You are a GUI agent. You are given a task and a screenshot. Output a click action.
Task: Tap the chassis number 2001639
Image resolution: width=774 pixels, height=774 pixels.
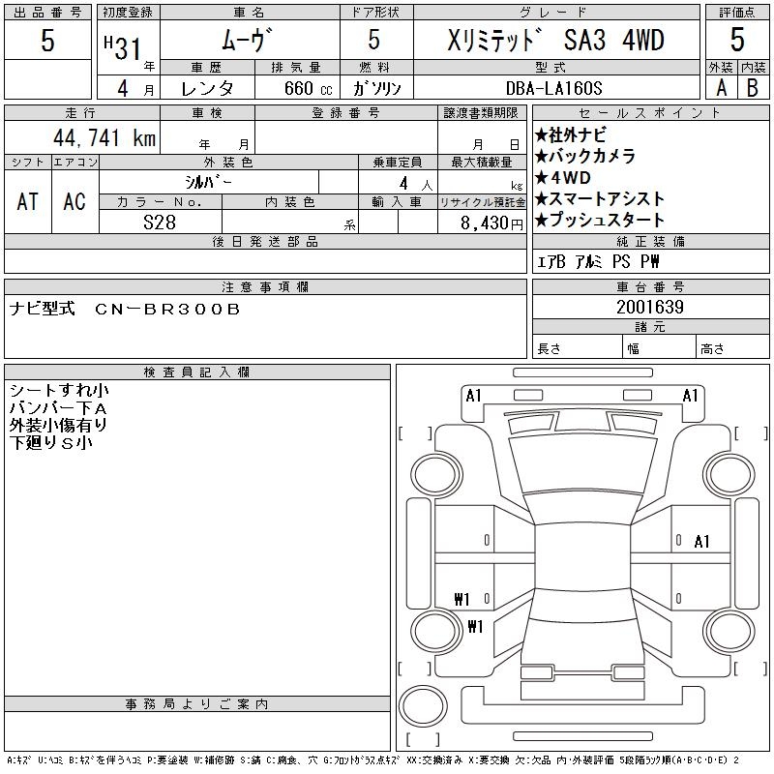[649, 307]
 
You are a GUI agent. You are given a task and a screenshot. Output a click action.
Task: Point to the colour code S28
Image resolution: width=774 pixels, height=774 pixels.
[160, 222]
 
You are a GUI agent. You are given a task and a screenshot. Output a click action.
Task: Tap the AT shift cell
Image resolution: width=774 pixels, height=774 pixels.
[27, 201]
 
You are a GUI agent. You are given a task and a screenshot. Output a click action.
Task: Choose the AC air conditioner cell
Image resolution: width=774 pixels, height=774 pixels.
[74, 201]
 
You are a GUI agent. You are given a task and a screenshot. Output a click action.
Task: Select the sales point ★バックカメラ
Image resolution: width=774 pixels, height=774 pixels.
[585, 156]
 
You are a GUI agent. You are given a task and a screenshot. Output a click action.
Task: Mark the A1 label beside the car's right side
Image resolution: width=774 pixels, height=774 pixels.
[702, 542]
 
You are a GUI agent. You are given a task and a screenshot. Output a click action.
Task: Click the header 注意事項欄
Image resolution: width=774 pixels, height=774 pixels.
[265, 286]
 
